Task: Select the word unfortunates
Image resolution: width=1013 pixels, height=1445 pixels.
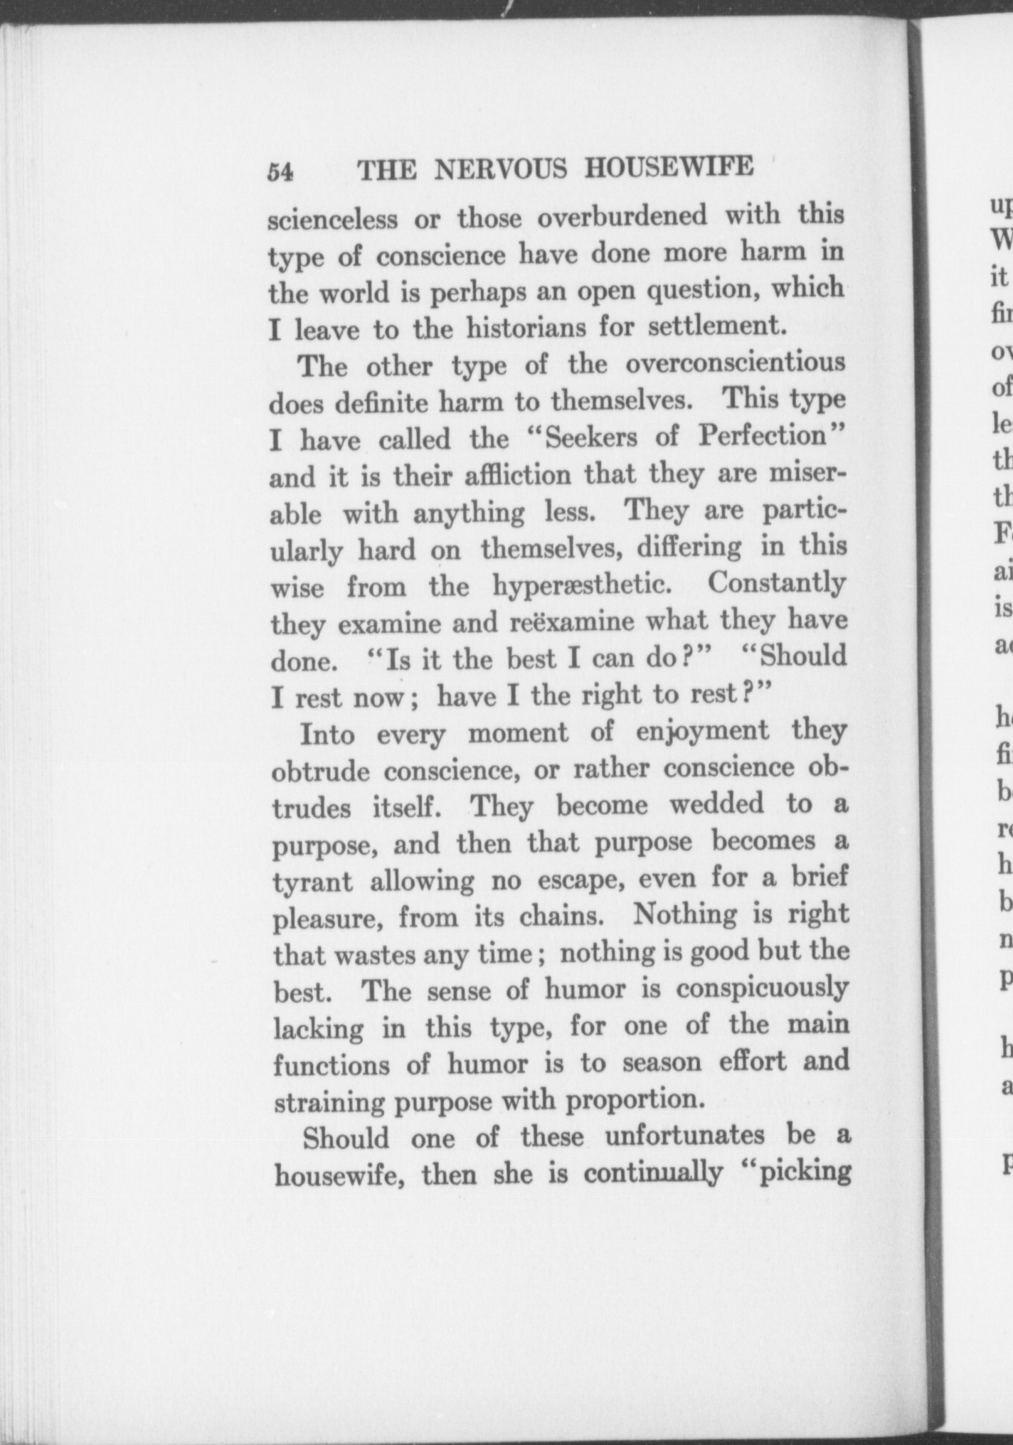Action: click(x=684, y=1136)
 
